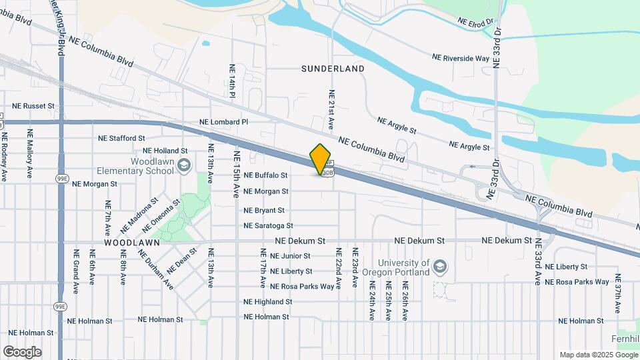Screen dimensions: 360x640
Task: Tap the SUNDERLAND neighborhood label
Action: (333, 69)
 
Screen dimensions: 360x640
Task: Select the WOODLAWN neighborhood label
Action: (132, 243)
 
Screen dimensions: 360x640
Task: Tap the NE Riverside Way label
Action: (461, 59)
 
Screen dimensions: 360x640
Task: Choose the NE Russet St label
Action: (33, 106)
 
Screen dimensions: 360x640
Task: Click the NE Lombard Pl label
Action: (224, 122)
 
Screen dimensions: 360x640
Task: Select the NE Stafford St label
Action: (121, 139)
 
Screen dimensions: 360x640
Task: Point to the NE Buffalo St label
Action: (265, 175)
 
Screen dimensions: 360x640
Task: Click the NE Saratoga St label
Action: (269, 226)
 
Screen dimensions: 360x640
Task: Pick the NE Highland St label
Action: (268, 302)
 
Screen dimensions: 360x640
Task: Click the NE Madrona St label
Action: (139, 214)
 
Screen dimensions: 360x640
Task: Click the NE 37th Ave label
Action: (618, 293)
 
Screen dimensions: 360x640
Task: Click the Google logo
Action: (22, 351)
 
